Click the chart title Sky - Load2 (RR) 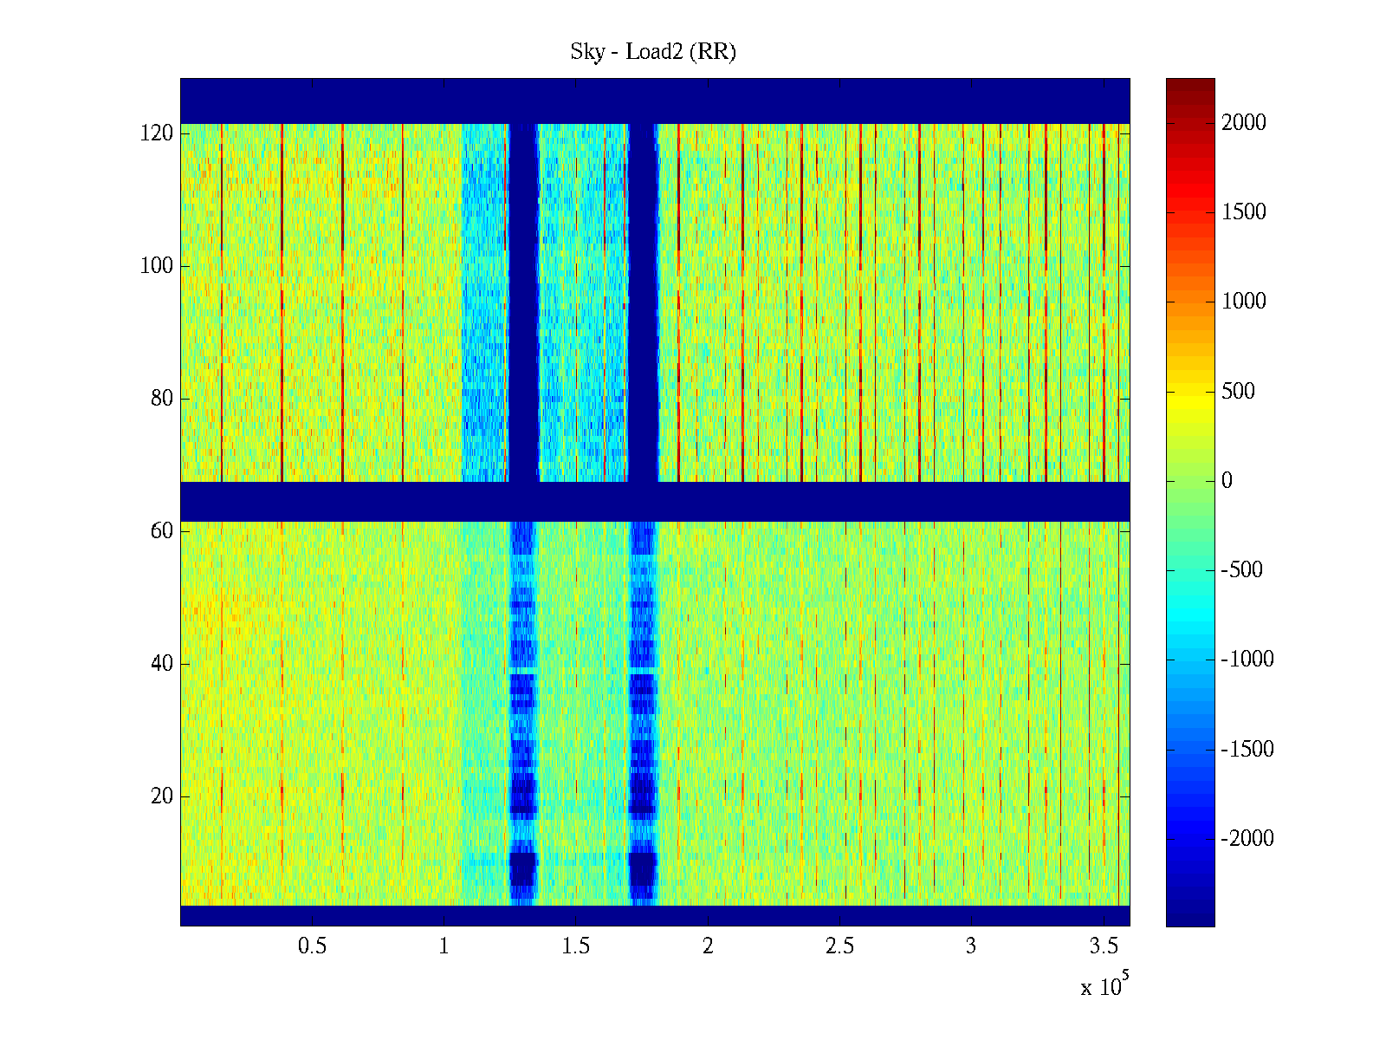(653, 52)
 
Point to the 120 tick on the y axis (157, 133)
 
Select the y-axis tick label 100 (157, 266)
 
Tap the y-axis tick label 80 (162, 399)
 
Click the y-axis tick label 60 (162, 530)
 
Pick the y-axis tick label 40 (162, 664)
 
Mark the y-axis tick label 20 (162, 796)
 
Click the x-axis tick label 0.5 (312, 946)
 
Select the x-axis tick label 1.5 (576, 946)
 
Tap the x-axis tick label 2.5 (839, 946)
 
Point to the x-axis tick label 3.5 (1103, 946)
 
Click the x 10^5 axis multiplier (1104, 985)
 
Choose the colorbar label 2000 (1244, 123)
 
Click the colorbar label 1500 (1244, 212)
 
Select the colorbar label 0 (1227, 481)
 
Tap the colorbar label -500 (1241, 570)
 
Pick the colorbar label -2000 (1247, 839)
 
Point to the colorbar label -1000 (1247, 660)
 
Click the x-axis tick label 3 (971, 946)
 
